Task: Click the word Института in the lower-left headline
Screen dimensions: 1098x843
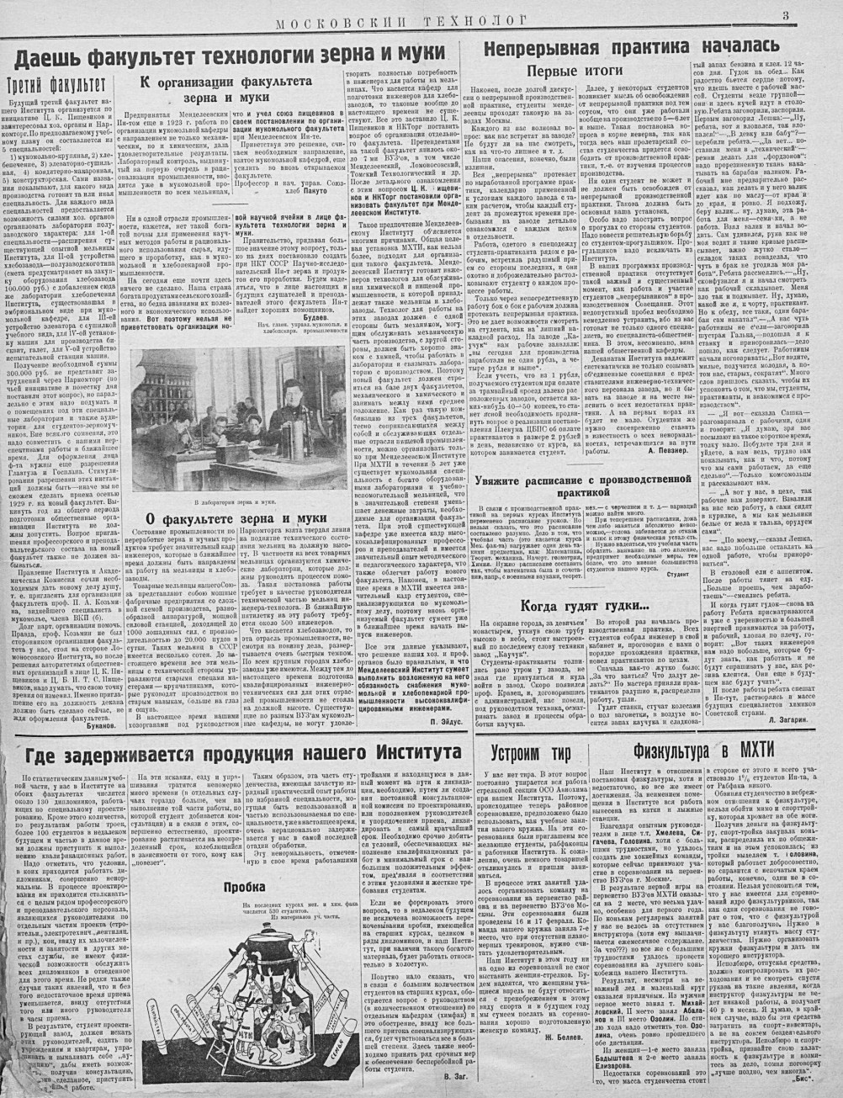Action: [x=383, y=751]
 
